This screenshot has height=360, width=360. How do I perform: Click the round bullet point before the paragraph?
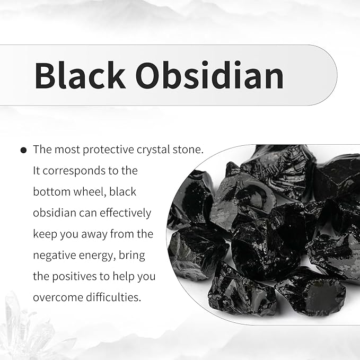(x=23, y=151)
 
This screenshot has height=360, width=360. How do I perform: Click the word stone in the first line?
(x=188, y=150)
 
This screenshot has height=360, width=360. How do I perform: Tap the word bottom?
(x=52, y=191)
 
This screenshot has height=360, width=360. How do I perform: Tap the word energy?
(x=104, y=256)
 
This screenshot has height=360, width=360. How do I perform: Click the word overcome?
(x=56, y=297)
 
